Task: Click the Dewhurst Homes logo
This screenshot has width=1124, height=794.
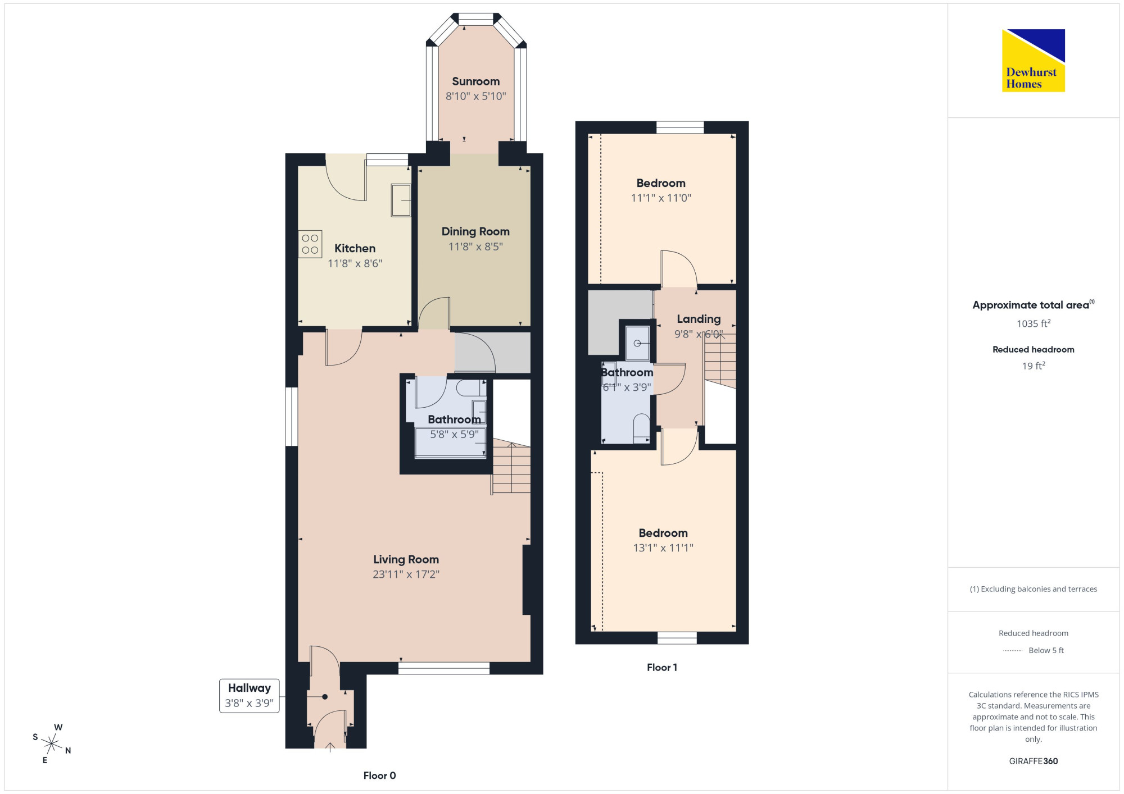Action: pos(1033,60)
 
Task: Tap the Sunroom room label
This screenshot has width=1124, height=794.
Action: pos(475,81)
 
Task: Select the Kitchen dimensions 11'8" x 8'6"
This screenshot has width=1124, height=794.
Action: pos(355,263)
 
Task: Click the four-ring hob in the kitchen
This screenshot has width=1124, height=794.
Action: pos(310,244)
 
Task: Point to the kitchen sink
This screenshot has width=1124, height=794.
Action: pos(401,200)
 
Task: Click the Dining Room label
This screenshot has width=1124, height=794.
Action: pos(475,231)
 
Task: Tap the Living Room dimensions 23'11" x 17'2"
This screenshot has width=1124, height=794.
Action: pos(406,574)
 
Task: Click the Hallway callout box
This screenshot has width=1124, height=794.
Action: pos(249,696)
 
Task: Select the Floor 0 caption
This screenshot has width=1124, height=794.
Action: pos(379,775)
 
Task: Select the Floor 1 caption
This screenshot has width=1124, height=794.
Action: pos(662,667)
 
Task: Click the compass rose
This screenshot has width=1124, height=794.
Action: pos(51,743)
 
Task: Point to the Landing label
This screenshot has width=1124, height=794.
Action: pos(699,319)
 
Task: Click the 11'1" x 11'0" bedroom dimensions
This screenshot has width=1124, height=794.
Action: pos(661,198)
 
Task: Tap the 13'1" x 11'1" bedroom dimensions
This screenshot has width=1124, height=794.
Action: pos(663,547)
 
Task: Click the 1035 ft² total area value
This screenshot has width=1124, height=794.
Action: pos(1034,323)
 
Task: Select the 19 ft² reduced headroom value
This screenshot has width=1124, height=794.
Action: pos(1034,366)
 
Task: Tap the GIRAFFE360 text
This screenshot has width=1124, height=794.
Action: pos(1034,761)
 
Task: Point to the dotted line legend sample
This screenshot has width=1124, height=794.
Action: pos(1013,651)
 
